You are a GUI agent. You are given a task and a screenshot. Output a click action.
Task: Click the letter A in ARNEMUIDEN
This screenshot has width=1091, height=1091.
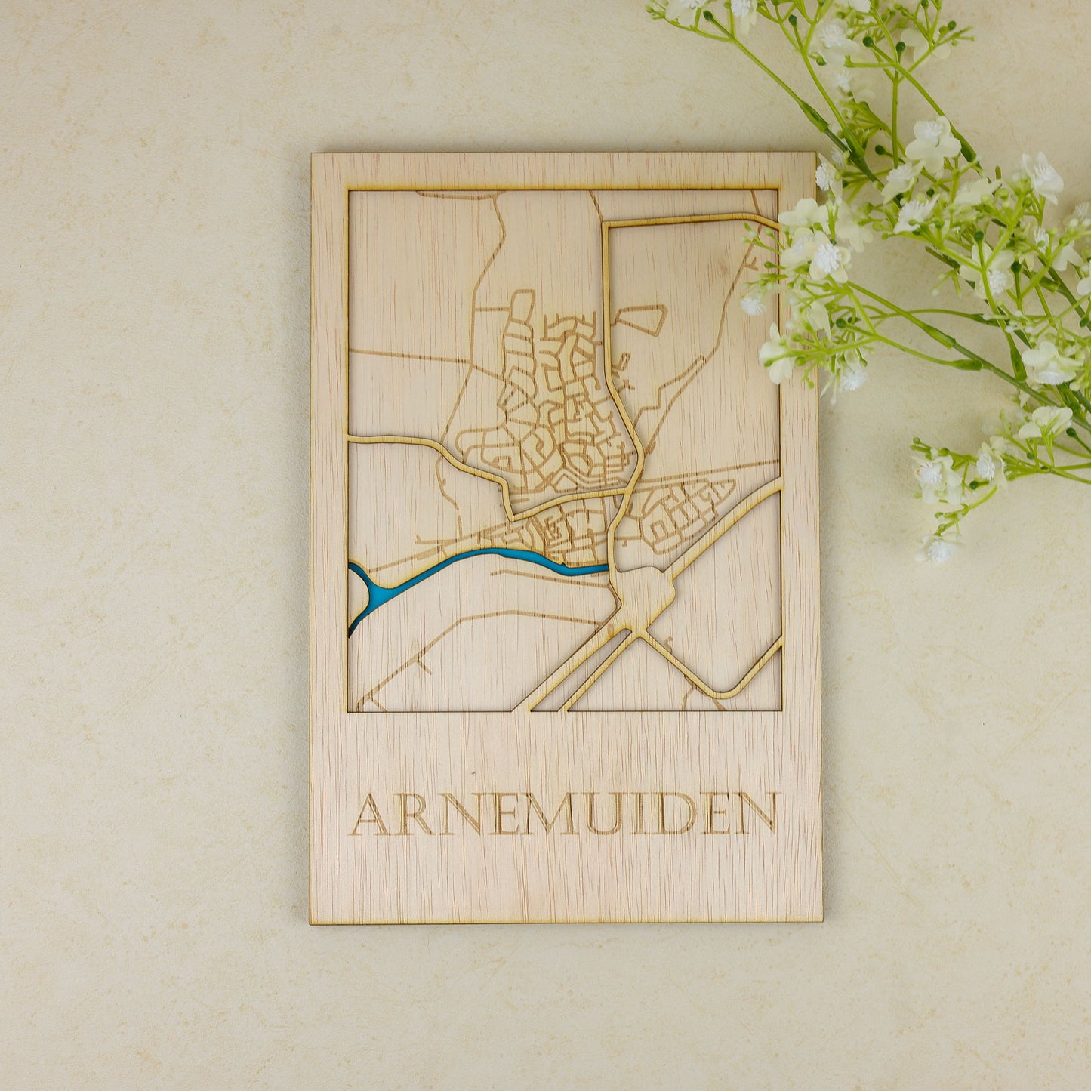[370, 815]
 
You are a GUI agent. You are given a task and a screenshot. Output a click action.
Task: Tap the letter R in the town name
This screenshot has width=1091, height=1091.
[414, 815]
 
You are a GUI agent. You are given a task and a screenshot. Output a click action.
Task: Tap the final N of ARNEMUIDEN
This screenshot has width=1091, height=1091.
[756, 815]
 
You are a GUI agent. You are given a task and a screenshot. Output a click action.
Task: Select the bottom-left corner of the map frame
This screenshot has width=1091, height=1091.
[348, 710]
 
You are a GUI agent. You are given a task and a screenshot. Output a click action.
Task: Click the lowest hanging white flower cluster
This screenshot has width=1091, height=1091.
[939, 549]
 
